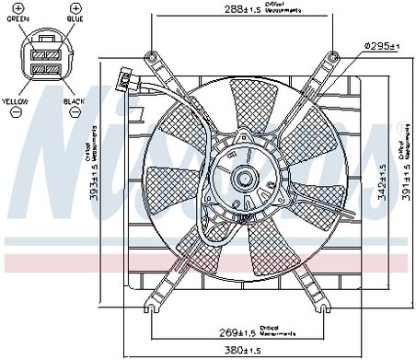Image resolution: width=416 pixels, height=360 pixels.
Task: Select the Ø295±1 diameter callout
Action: [379, 45]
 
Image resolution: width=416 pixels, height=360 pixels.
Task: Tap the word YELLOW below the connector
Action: [17, 100]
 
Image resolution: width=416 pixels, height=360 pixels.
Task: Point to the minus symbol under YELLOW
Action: [16, 111]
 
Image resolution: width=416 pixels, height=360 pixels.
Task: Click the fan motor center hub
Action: [244, 174]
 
